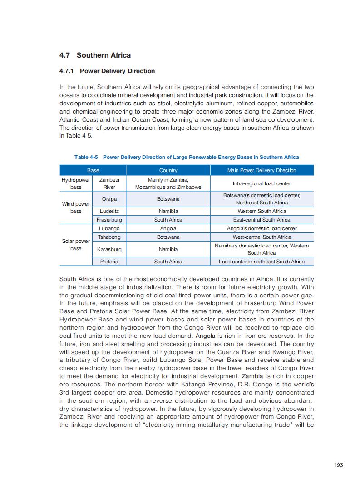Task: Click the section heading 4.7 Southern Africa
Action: (95, 55)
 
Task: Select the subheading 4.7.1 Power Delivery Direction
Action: (107, 71)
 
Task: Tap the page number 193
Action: (339, 464)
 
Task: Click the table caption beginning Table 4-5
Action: (187, 157)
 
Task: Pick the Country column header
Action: (168, 170)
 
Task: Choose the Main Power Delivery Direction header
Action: (261, 170)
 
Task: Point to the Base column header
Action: (93, 170)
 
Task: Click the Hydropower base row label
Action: (76, 183)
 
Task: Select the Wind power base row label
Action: (76, 207)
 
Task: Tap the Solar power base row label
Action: (76, 245)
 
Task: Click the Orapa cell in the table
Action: (109, 199)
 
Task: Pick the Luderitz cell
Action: (109, 211)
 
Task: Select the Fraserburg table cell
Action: (109, 220)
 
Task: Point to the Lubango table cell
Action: (109, 228)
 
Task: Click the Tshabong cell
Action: (109, 237)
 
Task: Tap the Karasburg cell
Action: (109, 249)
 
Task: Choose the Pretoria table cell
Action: (109, 262)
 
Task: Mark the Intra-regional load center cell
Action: (261, 183)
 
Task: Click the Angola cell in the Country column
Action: (168, 228)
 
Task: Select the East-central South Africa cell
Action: (261, 220)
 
